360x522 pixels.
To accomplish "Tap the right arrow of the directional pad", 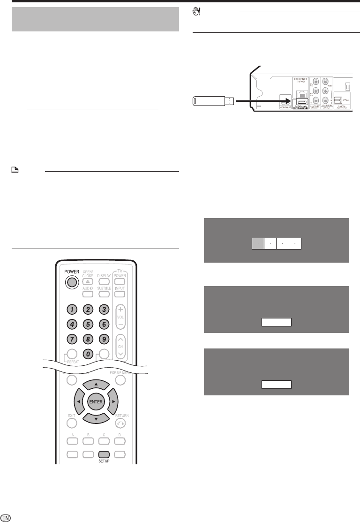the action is coord(112,402).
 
